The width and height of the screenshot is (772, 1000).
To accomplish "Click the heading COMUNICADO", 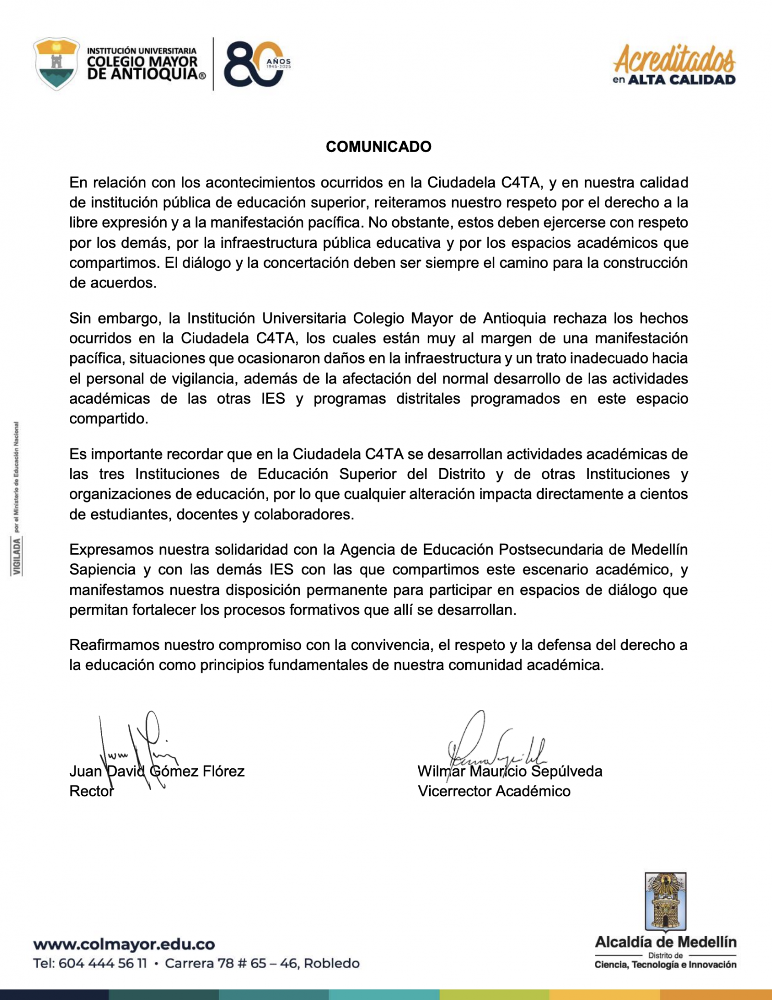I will pos(378,147).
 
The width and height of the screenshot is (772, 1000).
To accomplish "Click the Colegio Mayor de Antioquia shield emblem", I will pos(56,64).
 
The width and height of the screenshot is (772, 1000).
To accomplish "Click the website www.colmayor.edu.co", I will pos(124,944).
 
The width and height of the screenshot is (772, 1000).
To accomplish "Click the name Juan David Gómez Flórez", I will pos(157,771).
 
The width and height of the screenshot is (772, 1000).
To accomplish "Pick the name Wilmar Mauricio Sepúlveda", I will pos(509,771).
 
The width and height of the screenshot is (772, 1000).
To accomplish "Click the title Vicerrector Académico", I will pos(494,791).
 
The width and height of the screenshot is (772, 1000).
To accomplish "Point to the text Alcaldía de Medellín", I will pos(665,942).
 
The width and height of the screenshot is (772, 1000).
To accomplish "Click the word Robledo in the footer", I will pos(331,964).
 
